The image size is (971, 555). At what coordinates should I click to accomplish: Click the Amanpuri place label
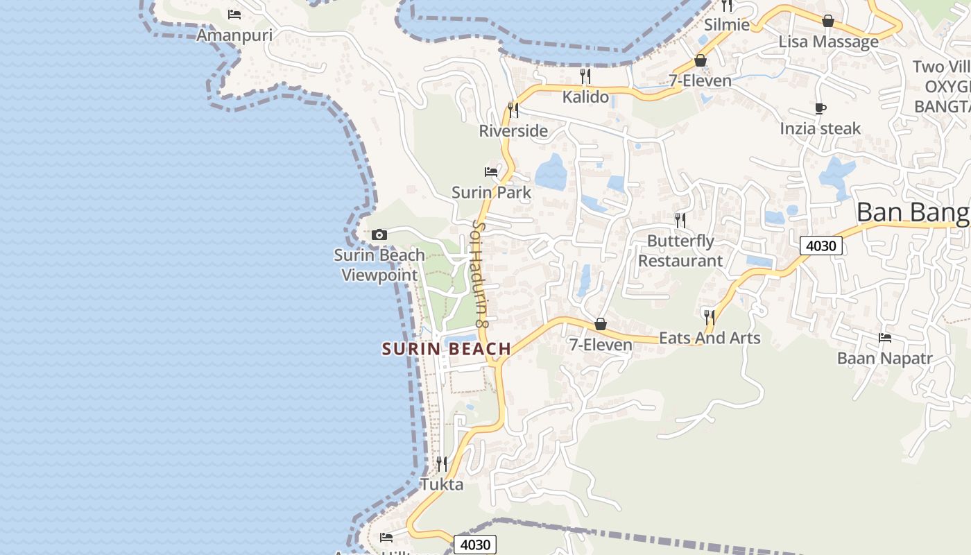[234, 35]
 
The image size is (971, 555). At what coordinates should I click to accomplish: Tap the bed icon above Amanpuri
[234, 14]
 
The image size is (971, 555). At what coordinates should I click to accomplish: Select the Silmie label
[727, 25]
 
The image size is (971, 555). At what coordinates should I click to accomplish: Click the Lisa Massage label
[828, 42]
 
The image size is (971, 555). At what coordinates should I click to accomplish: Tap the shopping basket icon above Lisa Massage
[827, 21]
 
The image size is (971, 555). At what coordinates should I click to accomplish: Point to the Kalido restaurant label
[585, 97]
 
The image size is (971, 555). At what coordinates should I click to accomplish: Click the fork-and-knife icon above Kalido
[585, 76]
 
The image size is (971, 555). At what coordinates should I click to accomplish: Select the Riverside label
[513, 130]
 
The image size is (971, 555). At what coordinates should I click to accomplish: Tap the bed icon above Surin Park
[491, 171]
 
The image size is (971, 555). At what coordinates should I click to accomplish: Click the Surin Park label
[491, 192]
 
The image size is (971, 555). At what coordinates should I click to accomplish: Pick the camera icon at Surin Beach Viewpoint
[379, 234]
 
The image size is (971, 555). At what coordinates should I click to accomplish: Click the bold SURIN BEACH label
[447, 349]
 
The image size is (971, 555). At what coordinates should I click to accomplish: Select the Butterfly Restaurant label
[680, 250]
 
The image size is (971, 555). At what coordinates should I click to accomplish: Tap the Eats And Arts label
[710, 338]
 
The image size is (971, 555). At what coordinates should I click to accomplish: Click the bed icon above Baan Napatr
[884, 338]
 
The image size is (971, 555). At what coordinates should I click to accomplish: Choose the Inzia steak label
[820, 128]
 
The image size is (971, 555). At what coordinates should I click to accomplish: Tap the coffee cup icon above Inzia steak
[820, 108]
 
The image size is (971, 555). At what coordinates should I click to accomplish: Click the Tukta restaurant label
[442, 484]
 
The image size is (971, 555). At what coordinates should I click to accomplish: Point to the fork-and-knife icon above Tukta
[442, 463]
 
